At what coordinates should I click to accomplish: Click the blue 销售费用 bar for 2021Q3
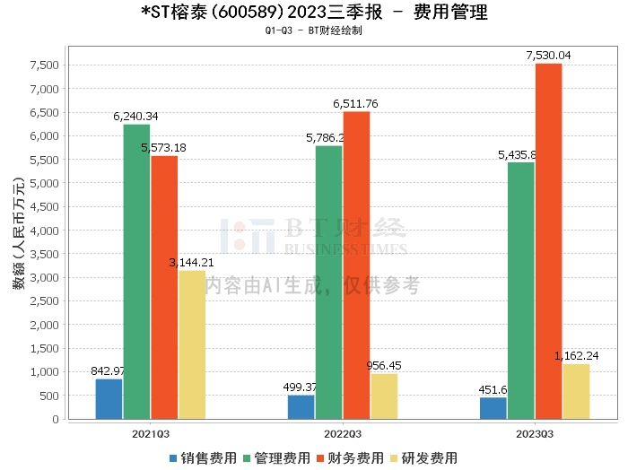coord(109,399)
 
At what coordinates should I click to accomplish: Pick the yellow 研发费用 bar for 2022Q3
coord(384,396)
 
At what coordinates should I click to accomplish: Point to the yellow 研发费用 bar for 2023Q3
coord(576,391)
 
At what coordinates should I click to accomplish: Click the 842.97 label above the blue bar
coord(109,371)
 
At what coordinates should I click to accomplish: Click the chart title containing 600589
coord(315,13)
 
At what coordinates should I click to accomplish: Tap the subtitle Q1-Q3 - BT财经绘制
coord(314,30)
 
